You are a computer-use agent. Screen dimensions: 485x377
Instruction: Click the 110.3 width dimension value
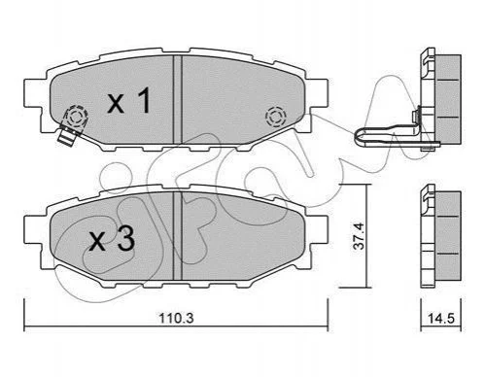tap(176, 318)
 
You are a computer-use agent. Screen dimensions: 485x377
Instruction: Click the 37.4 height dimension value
tap(359, 236)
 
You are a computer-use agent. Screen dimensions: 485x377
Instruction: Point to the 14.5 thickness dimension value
tap(441, 319)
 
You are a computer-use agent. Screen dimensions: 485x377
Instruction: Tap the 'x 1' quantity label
tap(129, 101)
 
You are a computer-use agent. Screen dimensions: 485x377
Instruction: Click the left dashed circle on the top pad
tap(77, 117)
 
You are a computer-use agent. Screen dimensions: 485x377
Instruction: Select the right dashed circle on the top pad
tap(275, 117)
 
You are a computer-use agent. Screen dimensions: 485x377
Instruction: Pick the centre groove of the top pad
tap(178, 99)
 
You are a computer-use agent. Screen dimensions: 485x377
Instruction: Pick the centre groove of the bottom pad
tap(178, 235)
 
